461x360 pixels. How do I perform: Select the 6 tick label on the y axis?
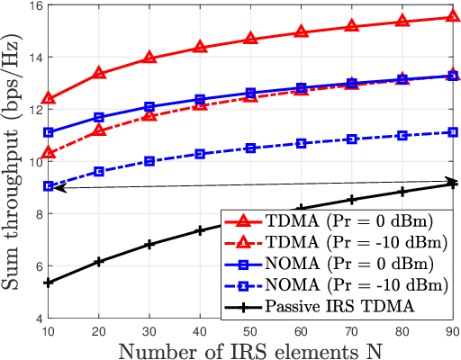point(36,266)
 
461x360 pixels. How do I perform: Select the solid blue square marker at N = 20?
point(99,117)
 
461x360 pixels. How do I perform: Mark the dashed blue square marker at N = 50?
point(250,148)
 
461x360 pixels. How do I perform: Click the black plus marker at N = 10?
point(49,283)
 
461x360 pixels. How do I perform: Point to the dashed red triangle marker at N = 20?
point(99,131)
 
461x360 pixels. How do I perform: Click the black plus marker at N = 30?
point(149,244)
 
